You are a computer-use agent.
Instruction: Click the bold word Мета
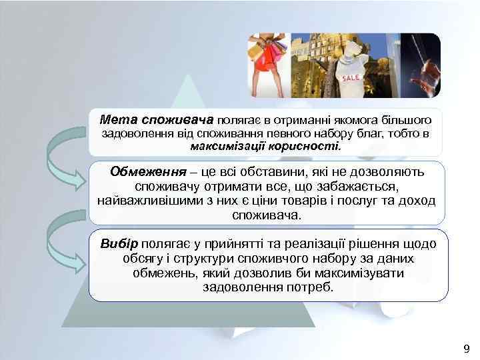pyautogui.click(x=118, y=120)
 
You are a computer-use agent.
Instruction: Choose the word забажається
pyautogui.click(x=367, y=187)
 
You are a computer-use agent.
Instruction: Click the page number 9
pyautogui.click(x=465, y=349)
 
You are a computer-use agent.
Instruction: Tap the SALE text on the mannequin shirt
pyautogui.click(x=351, y=77)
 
